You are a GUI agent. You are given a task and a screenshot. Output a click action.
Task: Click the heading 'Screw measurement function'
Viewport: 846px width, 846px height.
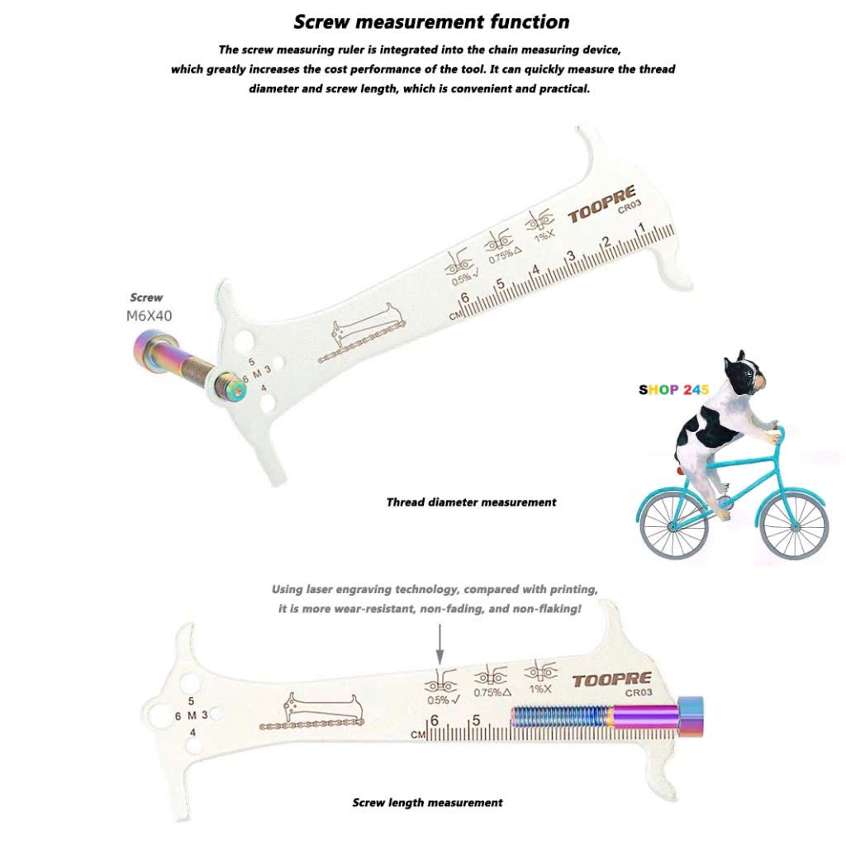coord(431,22)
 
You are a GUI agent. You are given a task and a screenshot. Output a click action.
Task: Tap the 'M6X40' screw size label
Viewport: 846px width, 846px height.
coord(149,316)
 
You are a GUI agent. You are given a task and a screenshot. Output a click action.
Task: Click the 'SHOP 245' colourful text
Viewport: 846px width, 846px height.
coord(673,390)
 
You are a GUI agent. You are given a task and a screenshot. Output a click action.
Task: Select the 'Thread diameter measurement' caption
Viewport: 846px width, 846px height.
coord(471,502)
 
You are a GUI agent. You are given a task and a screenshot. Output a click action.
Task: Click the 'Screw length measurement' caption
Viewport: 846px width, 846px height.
coord(427,803)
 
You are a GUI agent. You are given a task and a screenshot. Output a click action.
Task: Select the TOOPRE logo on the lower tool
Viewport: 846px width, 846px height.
coord(612,681)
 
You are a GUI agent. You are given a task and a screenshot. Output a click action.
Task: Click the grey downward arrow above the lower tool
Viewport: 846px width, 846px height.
coord(440,644)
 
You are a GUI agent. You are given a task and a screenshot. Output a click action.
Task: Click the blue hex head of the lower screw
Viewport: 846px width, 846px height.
coord(690,715)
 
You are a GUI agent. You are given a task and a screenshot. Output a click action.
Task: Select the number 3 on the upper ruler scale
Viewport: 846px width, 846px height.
coord(571,256)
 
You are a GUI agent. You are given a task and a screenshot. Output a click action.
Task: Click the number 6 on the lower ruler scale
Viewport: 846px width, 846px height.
coord(434,720)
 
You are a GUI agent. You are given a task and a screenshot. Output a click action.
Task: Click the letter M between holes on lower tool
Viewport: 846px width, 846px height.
coord(192,715)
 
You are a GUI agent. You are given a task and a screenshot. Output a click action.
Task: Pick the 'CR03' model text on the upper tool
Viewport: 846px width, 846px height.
coord(630,206)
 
